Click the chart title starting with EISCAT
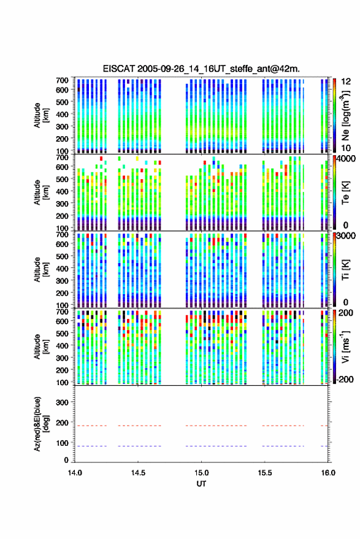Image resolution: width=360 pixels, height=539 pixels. pyautogui.click(x=201, y=69)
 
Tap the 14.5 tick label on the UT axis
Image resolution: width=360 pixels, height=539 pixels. pyautogui.click(x=138, y=473)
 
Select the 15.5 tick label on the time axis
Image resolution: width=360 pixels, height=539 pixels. pyautogui.click(x=264, y=473)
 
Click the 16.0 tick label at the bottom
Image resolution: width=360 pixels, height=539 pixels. pyautogui.click(x=328, y=473)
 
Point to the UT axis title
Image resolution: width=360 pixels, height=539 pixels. pyautogui.click(x=201, y=484)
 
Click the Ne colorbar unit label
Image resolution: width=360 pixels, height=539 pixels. pyautogui.click(x=345, y=115)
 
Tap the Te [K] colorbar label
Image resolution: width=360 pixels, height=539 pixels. pyautogui.click(x=345, y=193)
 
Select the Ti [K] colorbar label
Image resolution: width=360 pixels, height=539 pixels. pyautogui.click(x=345, y=270)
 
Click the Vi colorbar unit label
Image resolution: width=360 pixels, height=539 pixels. pyautogui.click(x=345, y=346)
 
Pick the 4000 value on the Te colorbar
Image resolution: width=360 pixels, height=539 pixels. pyautogui.click(x=346, y=159)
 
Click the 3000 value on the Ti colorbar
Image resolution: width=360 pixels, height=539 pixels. pyautogui.click(x=346, y=236)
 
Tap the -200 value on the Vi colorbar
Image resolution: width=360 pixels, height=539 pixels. pyautogui.click(x=344, y=379)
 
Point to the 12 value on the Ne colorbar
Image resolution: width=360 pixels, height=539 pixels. pyautogui.click(x=346, y=82)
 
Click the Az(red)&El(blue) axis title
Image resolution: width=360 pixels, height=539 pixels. pyautogui.click(x=41, y=424)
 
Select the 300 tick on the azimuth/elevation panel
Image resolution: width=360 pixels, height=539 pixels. pyautogui.click(x=62, y=402)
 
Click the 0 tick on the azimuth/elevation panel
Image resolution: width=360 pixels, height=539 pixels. pyautogui.click(x=66, y=460)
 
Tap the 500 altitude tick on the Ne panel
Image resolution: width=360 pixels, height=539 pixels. pyautogui.click(x=62, y=102)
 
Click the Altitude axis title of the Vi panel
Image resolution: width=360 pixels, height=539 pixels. pyautogui.click(x=41, y=346)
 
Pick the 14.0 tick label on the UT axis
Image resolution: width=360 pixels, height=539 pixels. pyautogui.click(x=75, y=473)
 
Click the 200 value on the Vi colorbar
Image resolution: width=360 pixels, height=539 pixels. pyautogui.click(x=346, y=313)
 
